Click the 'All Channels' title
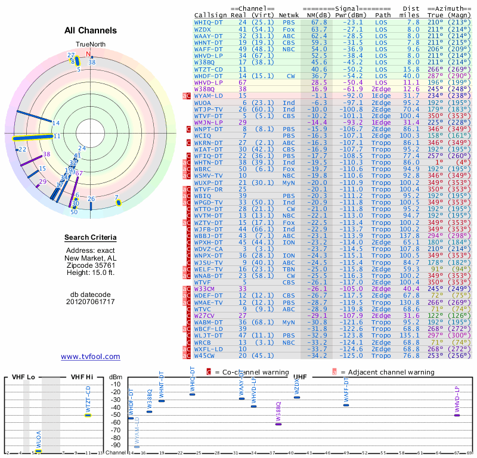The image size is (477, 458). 91,30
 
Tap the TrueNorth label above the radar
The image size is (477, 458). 90,45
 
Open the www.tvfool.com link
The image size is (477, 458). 91,357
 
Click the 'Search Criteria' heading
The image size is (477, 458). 91,238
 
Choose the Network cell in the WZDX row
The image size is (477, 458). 289,29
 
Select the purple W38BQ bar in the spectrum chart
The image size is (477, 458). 278,423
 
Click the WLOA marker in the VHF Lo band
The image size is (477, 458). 38,451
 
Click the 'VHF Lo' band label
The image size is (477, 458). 23,377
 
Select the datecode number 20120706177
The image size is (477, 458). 91,302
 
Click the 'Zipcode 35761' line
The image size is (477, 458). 91,265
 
